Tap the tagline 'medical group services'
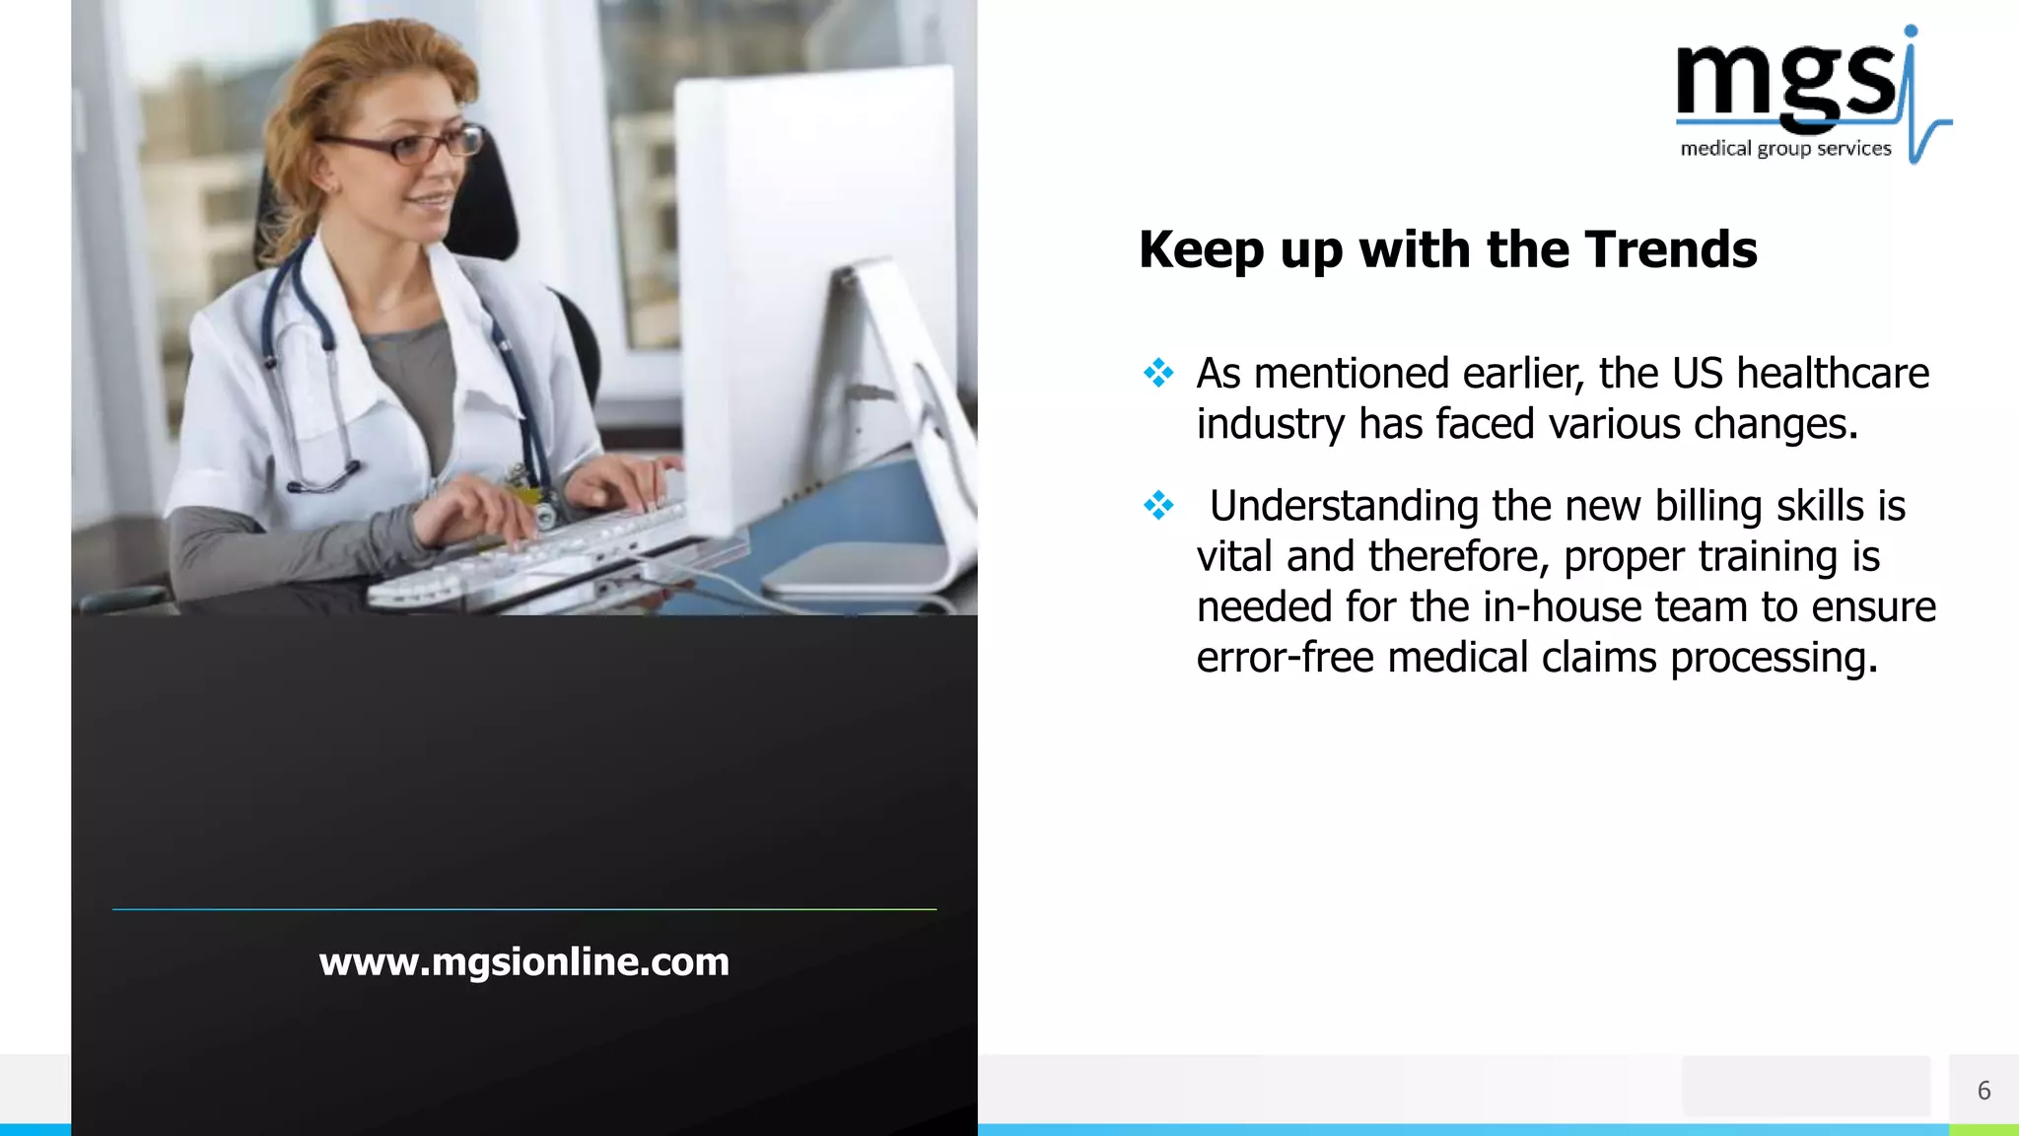(1785, 149)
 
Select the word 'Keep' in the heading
(1201, 250)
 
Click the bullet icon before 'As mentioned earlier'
(1158, 373)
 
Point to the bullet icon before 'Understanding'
(1158, 505)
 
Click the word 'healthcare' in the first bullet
(1832, 374)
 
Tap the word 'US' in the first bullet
(1697, 374)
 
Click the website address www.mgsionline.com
(523, 961)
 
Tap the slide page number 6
(1984, 1091)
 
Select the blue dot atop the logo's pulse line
(1911, 32)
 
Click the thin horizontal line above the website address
(523, 909)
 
